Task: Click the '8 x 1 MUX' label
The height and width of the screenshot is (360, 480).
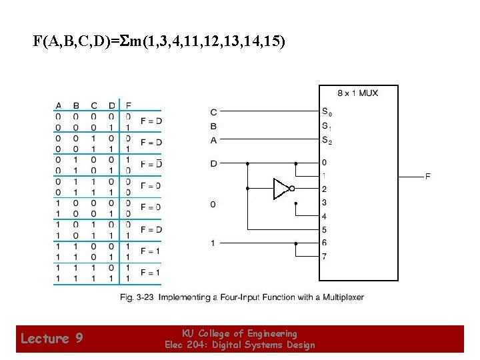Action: point(358,93)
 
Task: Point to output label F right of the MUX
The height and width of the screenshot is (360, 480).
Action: point(427,176)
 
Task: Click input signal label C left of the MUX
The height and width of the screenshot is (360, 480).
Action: point(213,112)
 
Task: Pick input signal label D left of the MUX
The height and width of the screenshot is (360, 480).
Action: point(213,163)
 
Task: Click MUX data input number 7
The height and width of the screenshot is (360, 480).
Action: point(324,257)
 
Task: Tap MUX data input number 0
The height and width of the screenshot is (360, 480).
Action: point(324,163)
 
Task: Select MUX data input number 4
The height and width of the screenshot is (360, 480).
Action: point(324,217)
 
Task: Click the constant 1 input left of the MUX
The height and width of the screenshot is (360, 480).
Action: point(213,243)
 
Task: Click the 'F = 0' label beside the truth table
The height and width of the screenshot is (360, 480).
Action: point(151,185)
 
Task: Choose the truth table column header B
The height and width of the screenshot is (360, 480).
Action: point(76,105)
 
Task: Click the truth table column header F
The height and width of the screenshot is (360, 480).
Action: point(128,105)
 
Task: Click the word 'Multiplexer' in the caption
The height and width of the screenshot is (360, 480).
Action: point(343,297)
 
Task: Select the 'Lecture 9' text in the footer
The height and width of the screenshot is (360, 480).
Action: point(51,339)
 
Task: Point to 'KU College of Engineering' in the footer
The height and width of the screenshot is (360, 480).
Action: point(240,333)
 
